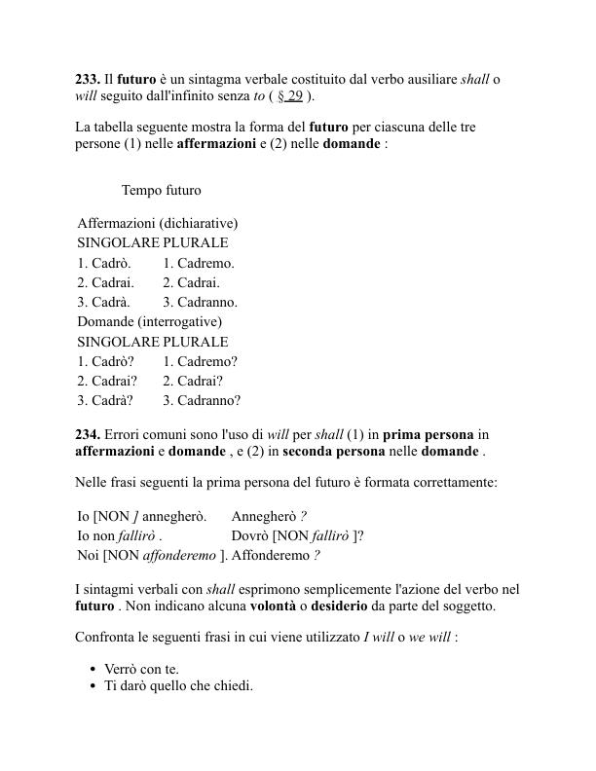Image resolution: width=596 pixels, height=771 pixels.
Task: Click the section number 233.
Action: click(88, 78)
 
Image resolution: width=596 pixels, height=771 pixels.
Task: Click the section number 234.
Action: click(88, 434)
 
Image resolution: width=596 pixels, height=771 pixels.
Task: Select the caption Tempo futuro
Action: click(162, 190)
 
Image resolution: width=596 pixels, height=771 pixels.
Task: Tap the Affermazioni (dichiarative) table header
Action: click(158, 223)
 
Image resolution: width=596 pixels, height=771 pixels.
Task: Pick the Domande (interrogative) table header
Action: click(150, 321)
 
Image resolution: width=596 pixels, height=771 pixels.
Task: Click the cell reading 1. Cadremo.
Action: click(199, 263)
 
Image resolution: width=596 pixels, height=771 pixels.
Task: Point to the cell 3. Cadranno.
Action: click(200, 302)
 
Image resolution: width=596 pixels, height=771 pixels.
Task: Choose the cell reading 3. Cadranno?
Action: click(202, 400)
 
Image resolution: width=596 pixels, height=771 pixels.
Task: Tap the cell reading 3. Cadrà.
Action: click(104, 302)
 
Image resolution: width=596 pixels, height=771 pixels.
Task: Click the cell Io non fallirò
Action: click(120, 535)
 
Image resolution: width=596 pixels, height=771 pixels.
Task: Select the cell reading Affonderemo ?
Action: click(276, 555)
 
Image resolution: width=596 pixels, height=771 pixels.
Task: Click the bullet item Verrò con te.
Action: click(141, 669)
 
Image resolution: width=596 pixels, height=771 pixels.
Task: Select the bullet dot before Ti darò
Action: click(93, 686)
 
